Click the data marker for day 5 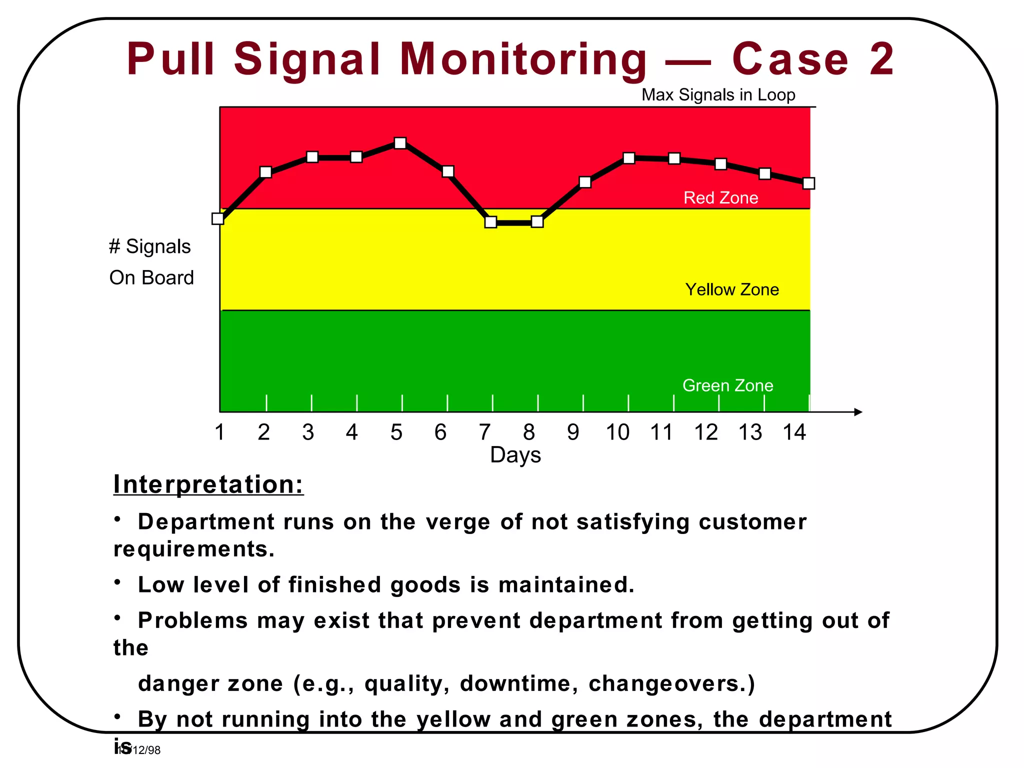(400, 143)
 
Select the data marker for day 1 (218, 218)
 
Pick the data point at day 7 (491, 222)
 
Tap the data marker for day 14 (808, 183)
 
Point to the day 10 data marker (629, 158)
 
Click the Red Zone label (720, 198)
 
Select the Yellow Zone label (731, 289)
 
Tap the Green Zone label (727, 385)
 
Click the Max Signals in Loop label (718, 95)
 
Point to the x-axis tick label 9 (573, 432)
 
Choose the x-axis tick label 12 (705, 432)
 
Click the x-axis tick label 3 (308, 432)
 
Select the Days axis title (515, 455)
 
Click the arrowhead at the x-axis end (858, 412)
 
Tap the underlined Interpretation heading (208, 484)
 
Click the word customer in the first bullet (752, 522)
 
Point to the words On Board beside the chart (151, 278)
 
